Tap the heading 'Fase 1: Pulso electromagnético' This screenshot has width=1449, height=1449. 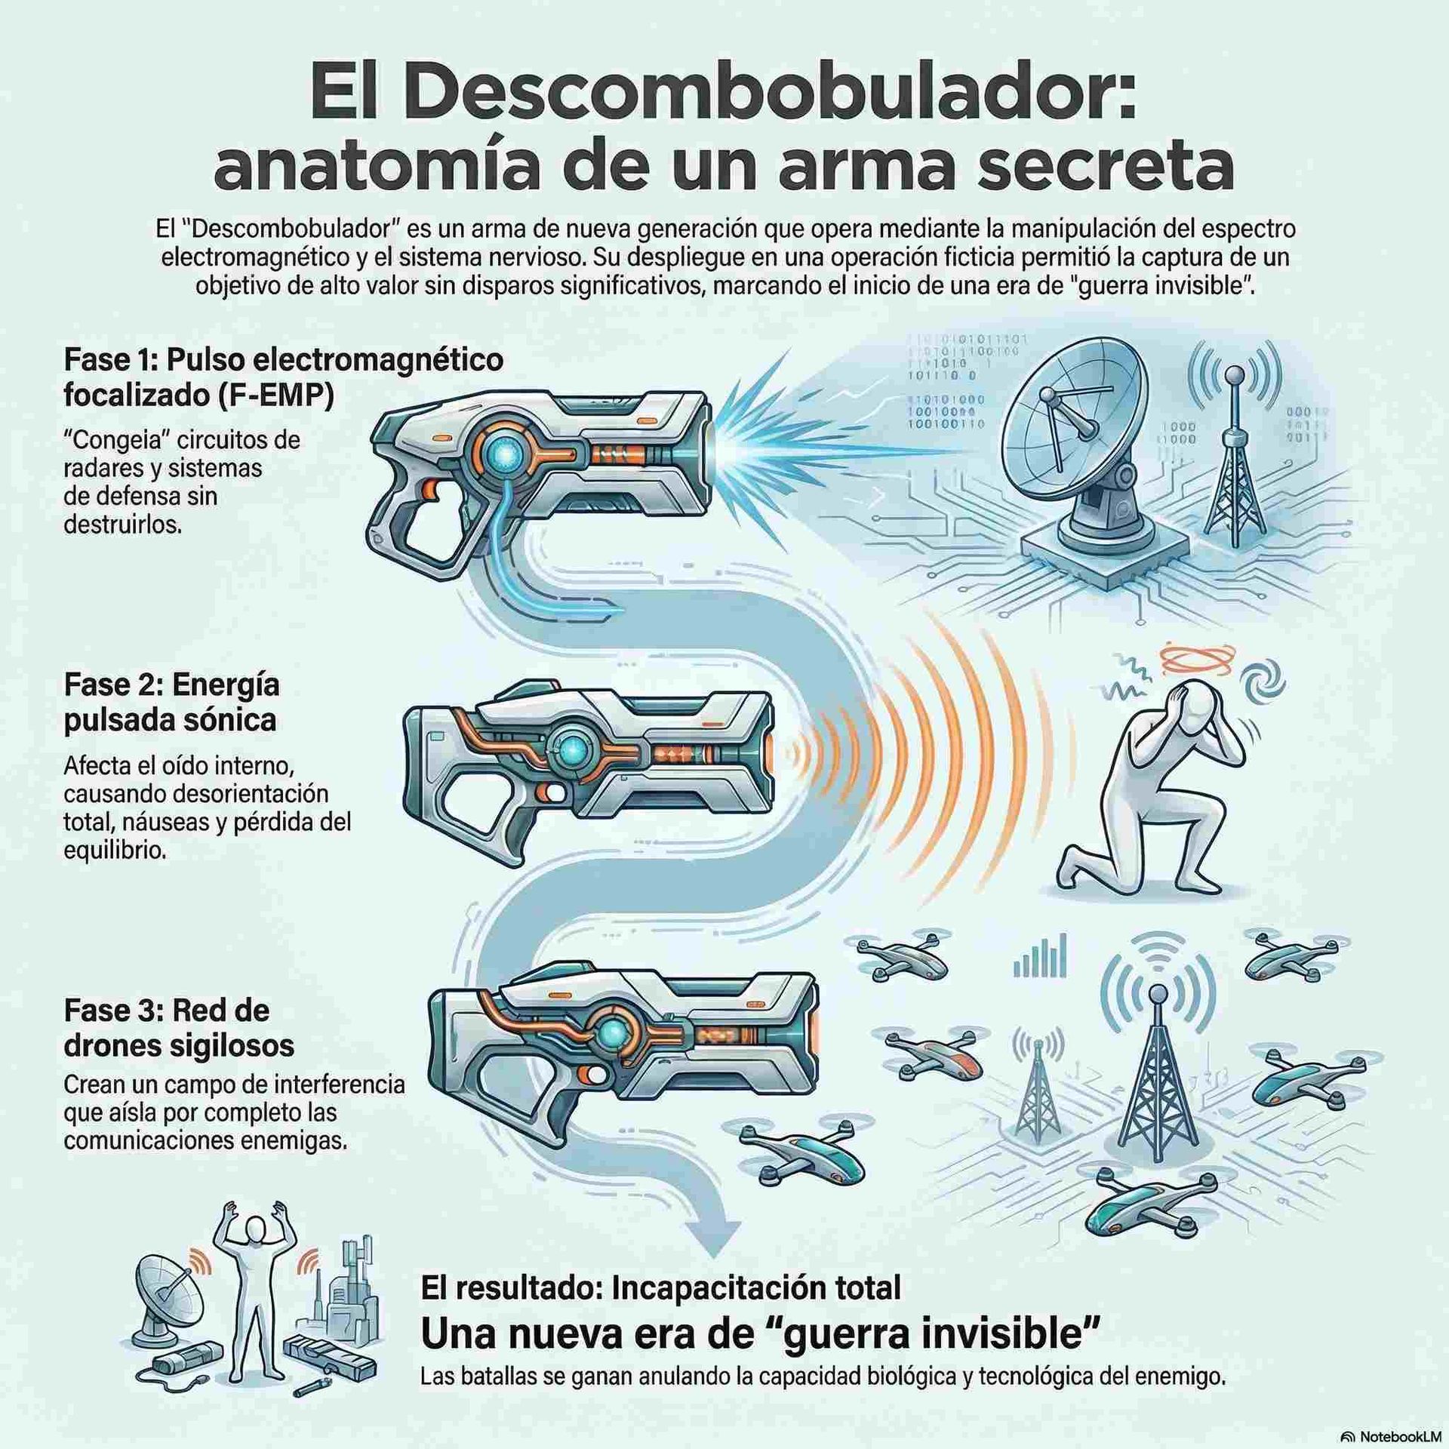283,360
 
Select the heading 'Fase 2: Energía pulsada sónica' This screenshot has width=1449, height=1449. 172,702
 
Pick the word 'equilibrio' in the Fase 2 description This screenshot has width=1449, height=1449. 114,851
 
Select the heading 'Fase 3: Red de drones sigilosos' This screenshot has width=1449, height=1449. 179,1027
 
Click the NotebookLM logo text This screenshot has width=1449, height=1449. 1398,1436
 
